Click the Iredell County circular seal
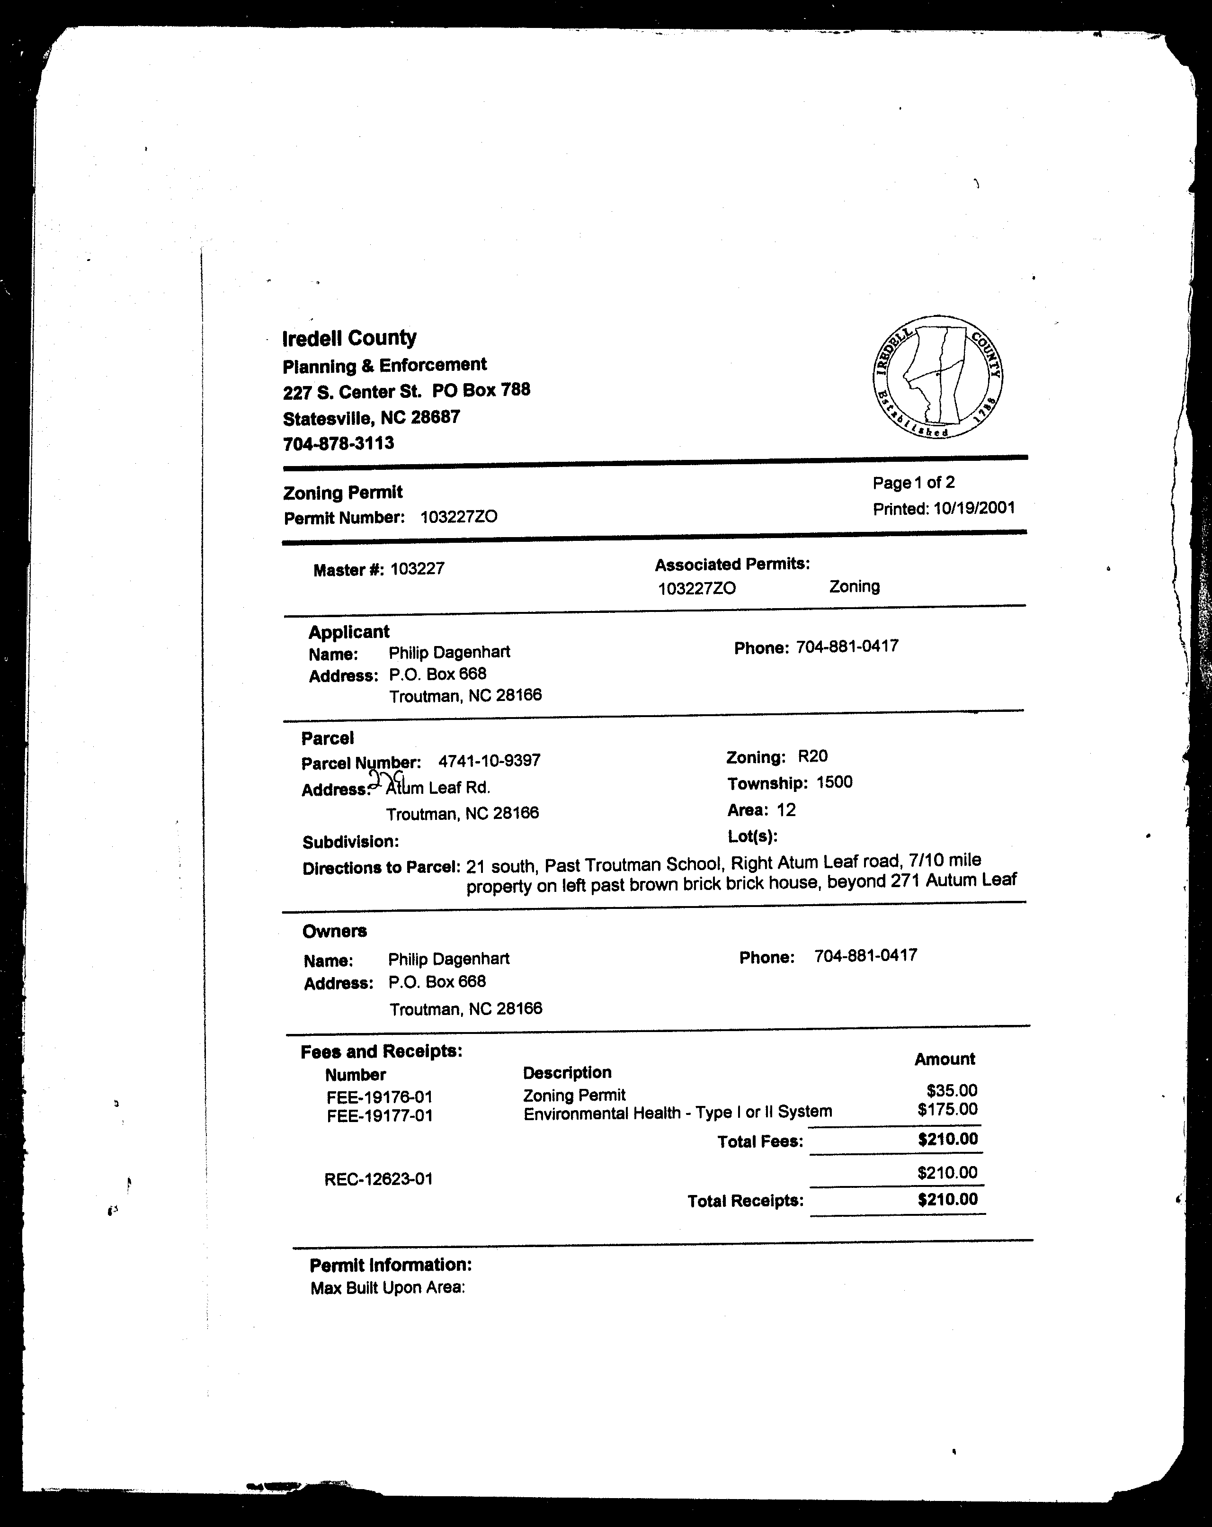coord(936,376)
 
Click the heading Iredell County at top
coord(349,338)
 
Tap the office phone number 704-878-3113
coord(339,443)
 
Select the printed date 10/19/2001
coord(973,508)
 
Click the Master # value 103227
coord(417,569)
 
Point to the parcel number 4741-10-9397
coord(489,761)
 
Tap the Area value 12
coord(786,809)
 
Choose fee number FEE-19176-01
coord(379,1097)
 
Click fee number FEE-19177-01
coord(379,1116)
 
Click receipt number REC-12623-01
coord(378,1179)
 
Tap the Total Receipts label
coord(746,1201)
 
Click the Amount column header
coord(945,1059)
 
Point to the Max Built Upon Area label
coord(387,1288)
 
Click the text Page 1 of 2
coord(913,483)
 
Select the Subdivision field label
coord(350,842)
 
